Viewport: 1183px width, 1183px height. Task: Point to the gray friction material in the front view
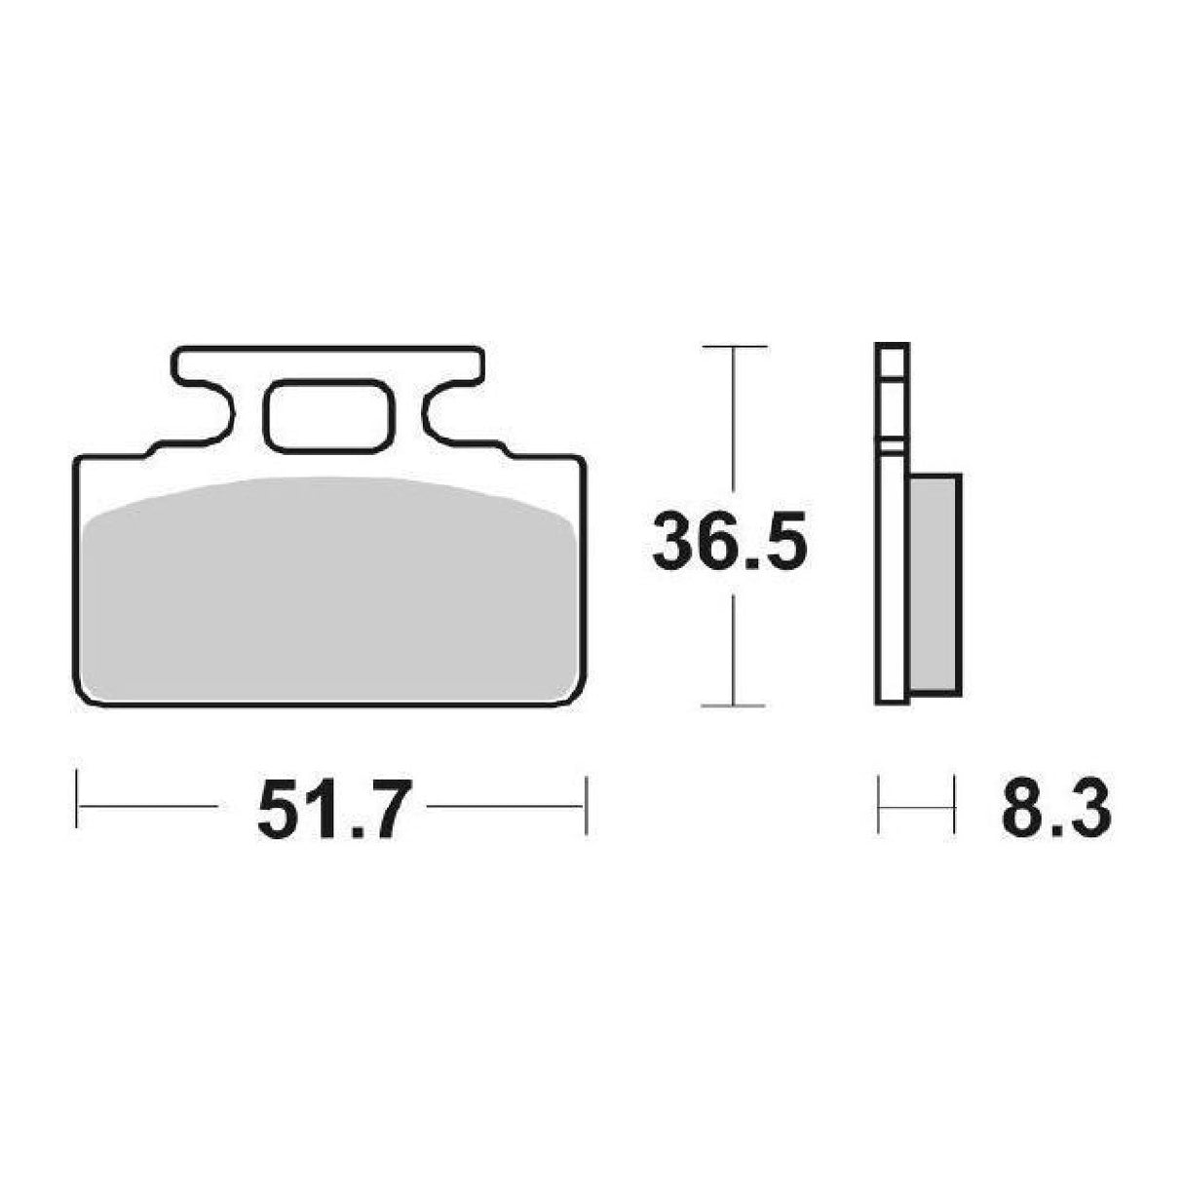coord(329,594)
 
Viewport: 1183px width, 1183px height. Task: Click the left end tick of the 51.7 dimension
coord(76,805)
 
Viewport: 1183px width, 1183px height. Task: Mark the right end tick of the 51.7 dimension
coord(586,805)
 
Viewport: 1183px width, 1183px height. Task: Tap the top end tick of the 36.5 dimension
coord(733,346)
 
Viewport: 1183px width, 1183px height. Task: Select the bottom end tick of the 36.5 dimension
coord(733,704)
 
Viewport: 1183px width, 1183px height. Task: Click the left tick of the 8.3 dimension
coord(880,805)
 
